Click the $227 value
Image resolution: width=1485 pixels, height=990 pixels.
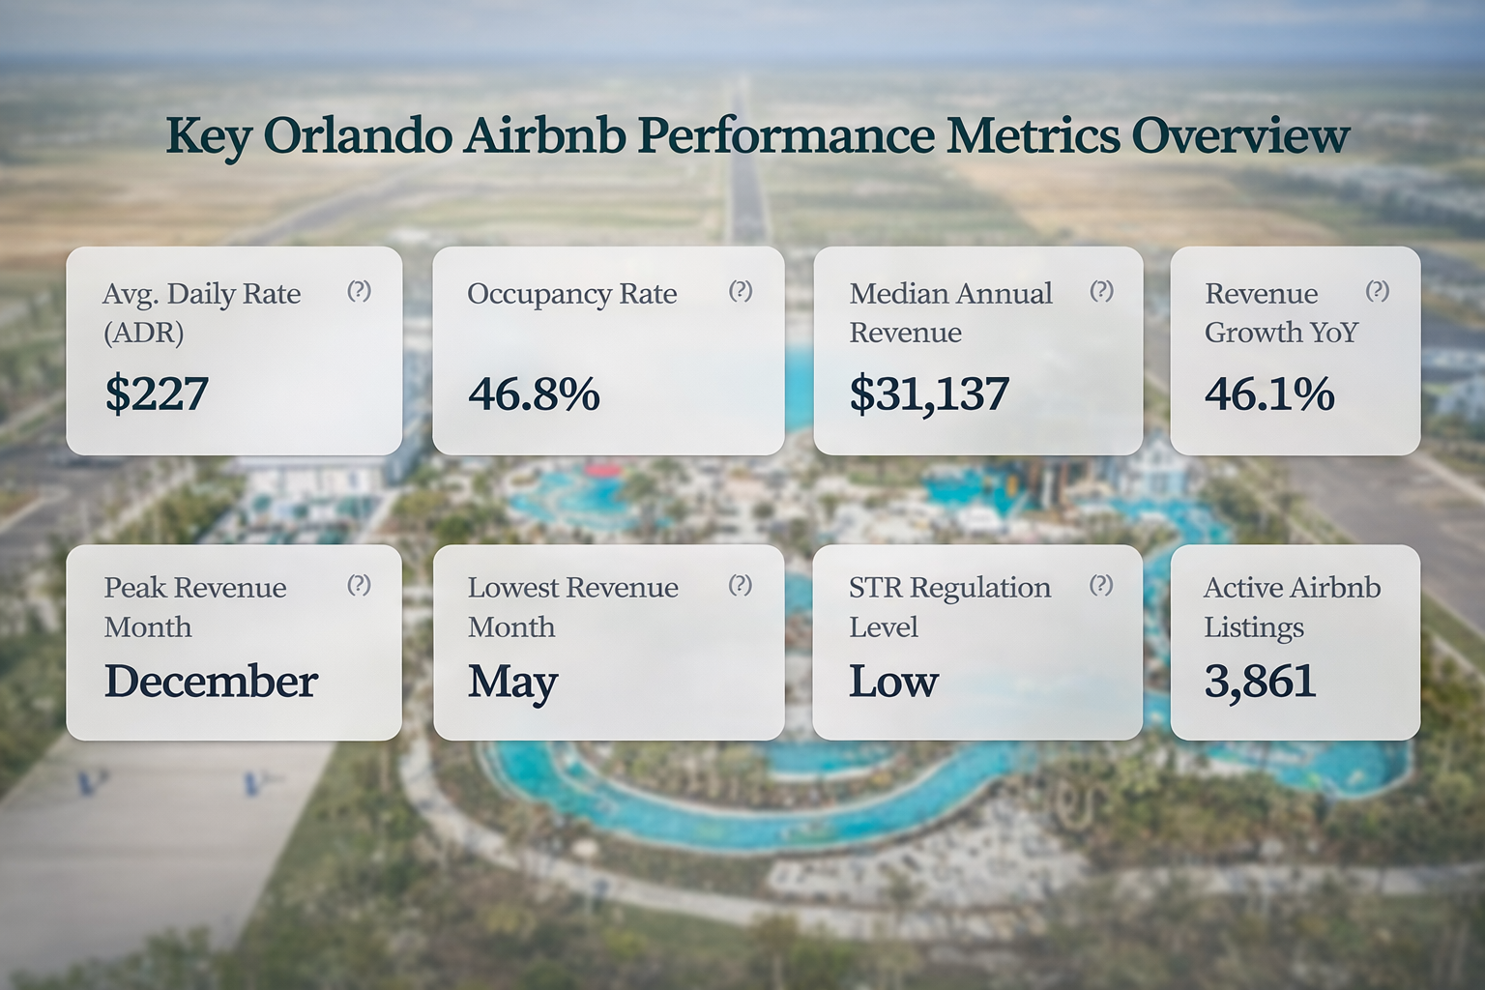[x=157, y=393]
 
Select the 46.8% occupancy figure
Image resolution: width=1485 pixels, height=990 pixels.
[x=534, y=394]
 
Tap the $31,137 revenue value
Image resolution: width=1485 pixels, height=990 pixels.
[x=929, y=394]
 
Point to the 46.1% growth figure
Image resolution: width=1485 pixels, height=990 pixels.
[x=1269, y=394]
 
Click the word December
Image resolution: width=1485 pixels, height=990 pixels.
[x=211, y=682]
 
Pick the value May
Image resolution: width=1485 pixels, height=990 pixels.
[x=512, y=683]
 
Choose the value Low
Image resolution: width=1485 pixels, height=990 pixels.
[x=893, y=682]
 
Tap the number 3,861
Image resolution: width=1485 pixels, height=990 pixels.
[x=1260, y=682]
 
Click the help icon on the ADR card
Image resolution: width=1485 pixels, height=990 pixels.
[x=359, y=291]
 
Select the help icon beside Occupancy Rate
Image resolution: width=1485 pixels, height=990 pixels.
[x=741, y=291]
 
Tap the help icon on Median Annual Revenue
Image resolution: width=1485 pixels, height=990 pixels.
[x=1101, y=291]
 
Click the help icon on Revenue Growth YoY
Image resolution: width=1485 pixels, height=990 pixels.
[x=1378, y=291]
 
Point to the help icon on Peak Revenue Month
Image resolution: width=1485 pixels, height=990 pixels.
[x=359, y=585]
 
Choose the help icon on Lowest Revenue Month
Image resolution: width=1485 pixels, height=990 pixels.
[x=741, y=585]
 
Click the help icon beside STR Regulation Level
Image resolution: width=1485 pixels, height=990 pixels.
[x=1101, y=585]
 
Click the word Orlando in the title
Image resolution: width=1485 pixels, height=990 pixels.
[x=357, y=135]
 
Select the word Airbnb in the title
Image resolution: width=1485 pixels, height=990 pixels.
[x=546, y=135]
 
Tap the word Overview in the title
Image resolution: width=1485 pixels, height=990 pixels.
[x=1240, y=135]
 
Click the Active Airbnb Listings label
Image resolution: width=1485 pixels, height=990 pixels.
[x=1292, y=607]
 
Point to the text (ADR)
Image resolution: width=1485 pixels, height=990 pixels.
[x=143, y=333]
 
